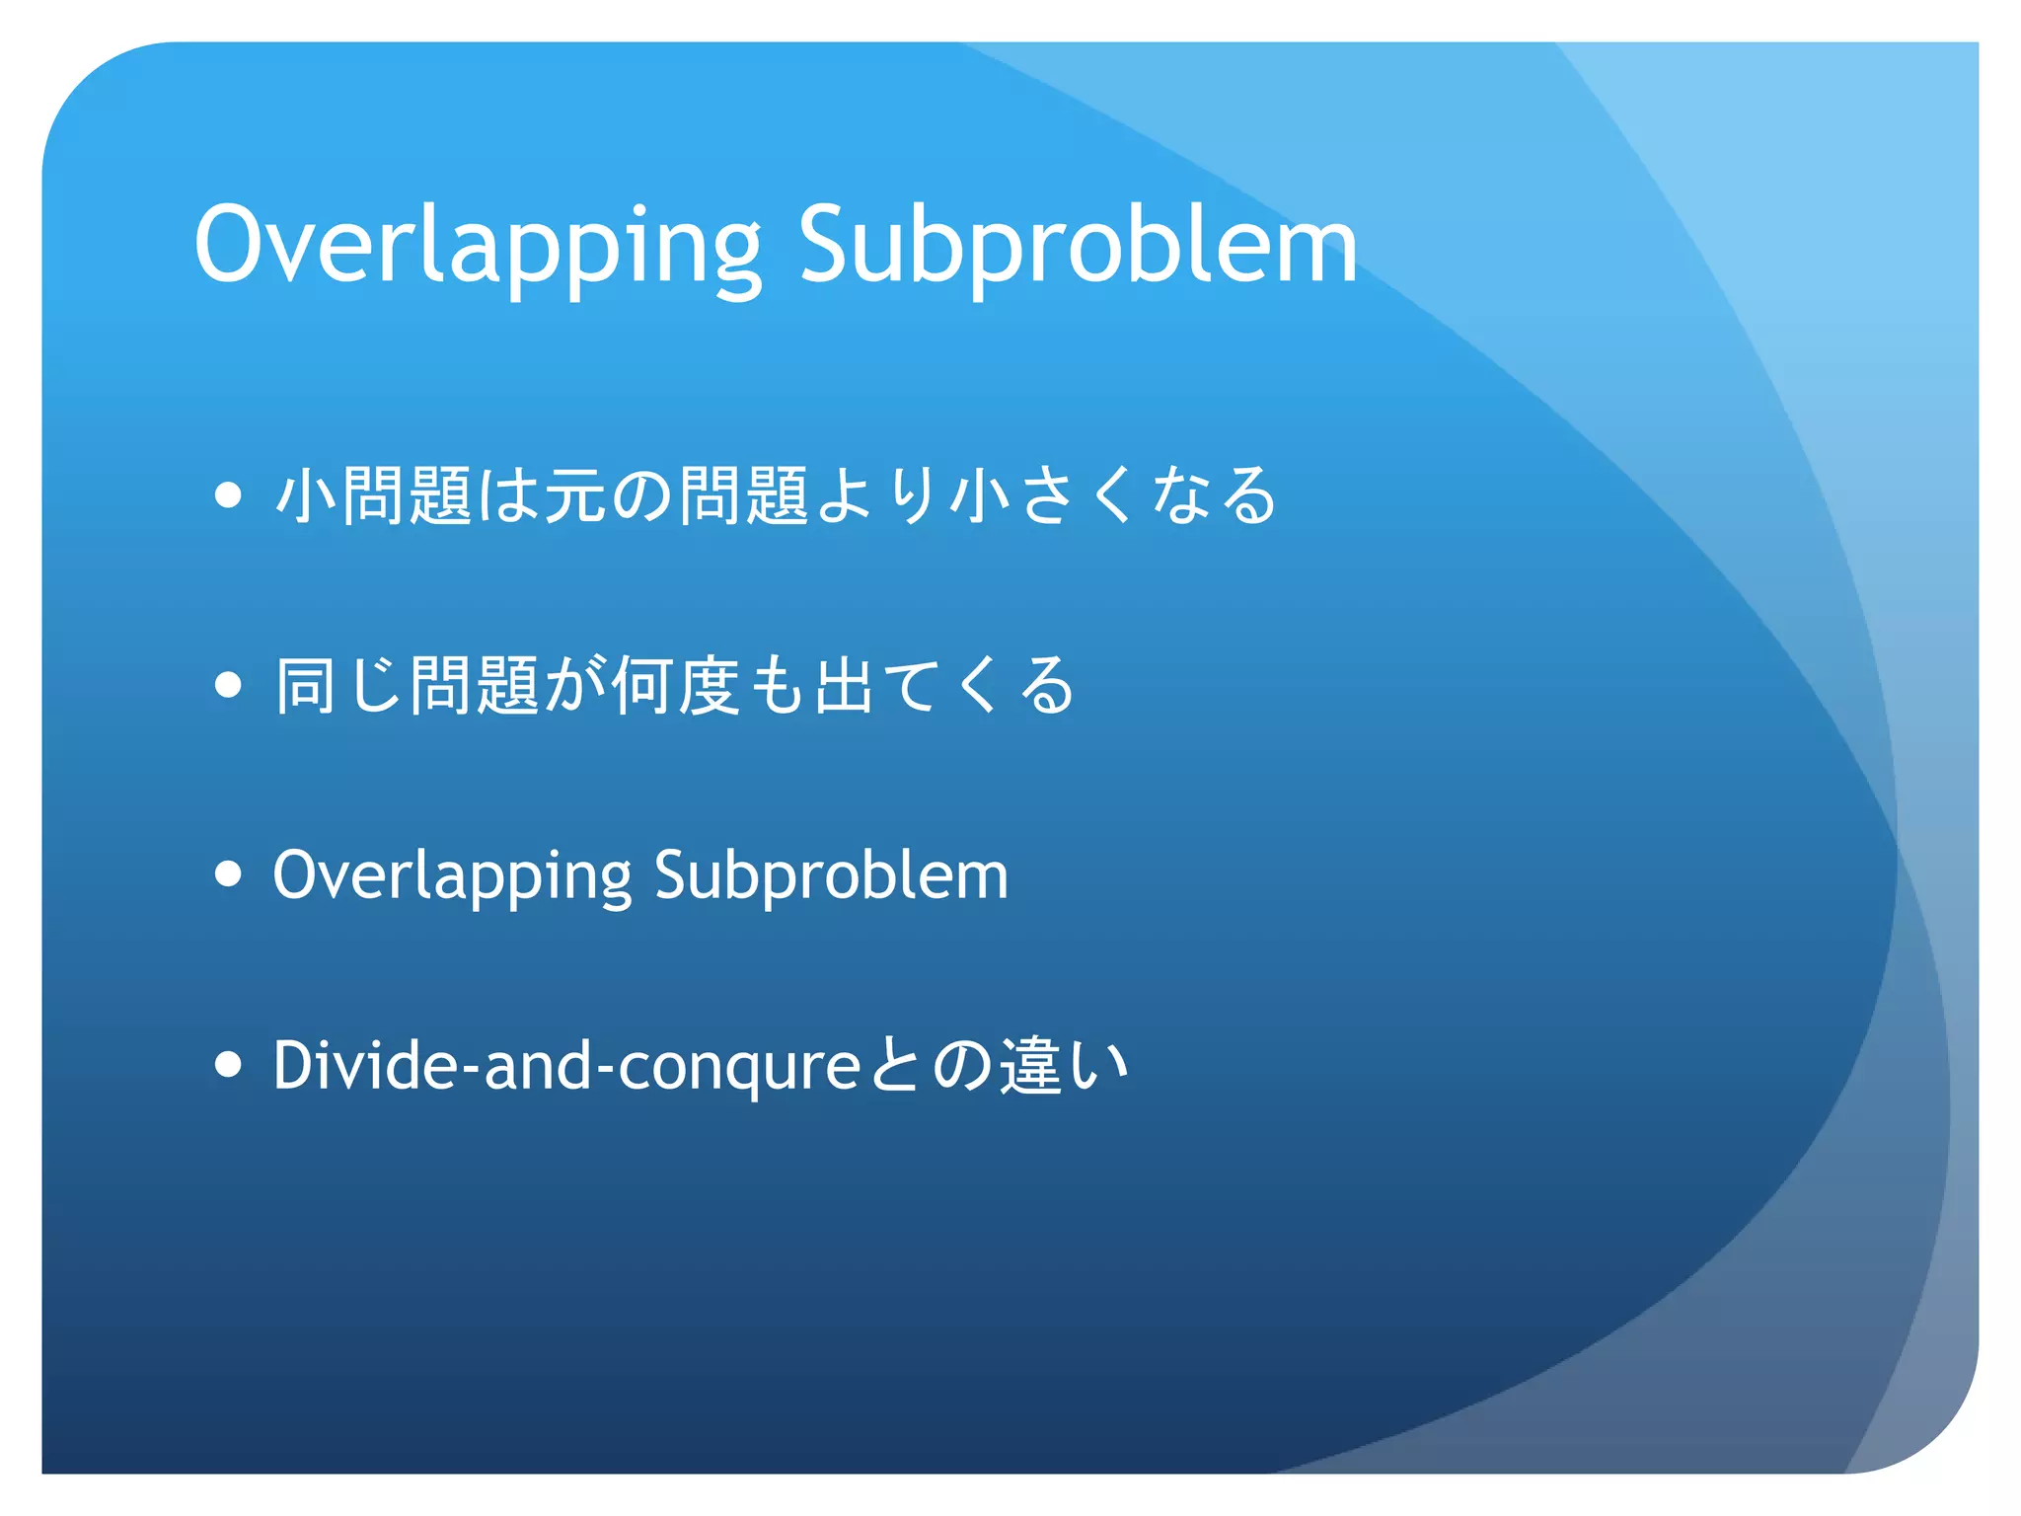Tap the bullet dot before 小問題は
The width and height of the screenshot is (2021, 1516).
(228, 494)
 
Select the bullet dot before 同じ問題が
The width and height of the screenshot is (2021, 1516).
(228, 684)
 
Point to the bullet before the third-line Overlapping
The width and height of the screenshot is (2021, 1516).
(228, 873)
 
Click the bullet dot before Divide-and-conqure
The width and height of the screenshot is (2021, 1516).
(228, 1064)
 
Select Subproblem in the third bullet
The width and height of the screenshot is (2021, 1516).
(831, 876)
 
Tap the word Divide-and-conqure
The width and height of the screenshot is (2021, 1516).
(566, 1066)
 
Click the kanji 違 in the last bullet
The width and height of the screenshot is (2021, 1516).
(1032, 1066)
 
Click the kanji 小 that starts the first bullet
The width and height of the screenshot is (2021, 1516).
(306, 494)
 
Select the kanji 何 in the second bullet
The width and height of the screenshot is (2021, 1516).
(643, 685)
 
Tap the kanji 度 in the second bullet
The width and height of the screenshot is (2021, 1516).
(711, 685)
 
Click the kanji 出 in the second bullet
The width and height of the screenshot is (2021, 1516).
(845, 685)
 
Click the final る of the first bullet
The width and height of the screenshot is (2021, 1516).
(1247, 494)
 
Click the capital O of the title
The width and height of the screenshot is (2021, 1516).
(233, 245)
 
